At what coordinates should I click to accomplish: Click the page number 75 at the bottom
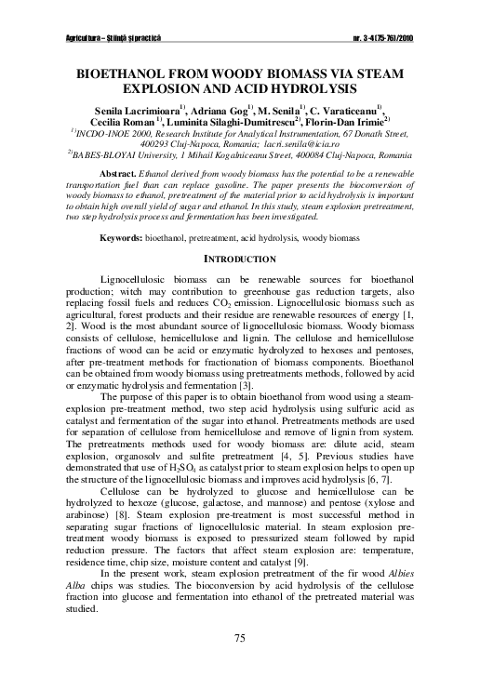[239, 637]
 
